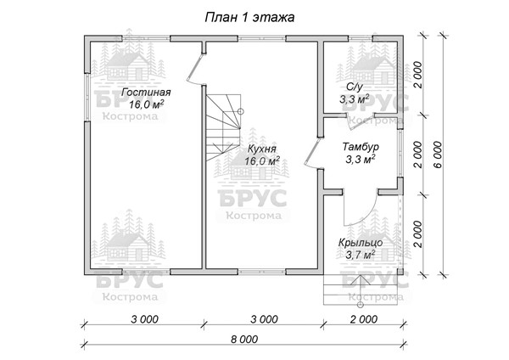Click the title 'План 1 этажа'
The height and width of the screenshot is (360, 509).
point(249,17)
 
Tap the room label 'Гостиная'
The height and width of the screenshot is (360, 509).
point(146,93)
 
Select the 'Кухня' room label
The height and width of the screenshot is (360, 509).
point(261,149)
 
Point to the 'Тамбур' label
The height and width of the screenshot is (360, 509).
point(361,147)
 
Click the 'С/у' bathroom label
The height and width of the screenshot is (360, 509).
point(354,87)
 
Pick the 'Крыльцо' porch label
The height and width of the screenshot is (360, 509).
point(361,243)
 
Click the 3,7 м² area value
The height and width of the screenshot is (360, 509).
point(361,255)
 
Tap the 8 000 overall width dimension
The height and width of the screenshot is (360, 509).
point(244,340)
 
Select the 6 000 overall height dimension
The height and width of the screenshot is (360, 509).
point(438,155)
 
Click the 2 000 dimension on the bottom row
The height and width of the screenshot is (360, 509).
point(364,319)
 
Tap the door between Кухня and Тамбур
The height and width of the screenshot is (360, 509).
point(312,152)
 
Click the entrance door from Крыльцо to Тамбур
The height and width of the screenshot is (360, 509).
point(361,208)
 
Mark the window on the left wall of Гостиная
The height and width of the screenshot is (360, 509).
point(87,97)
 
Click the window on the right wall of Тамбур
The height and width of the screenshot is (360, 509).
point(400,154)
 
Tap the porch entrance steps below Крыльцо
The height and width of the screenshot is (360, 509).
point(361,290)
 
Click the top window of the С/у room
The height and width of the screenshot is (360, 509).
point(361,39)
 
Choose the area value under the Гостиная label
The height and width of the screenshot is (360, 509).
point(146,104)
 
